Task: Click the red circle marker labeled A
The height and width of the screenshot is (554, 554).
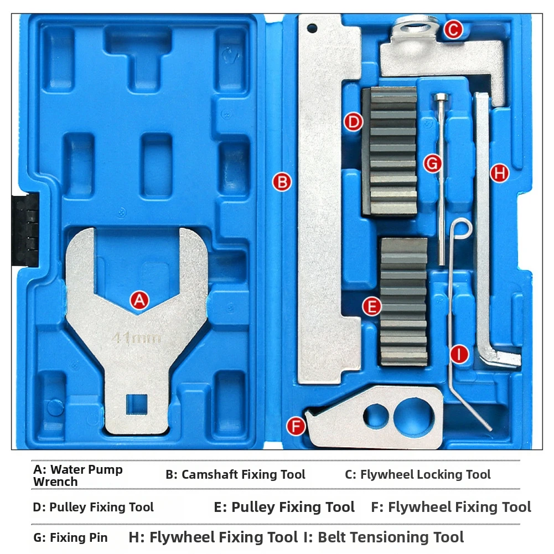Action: (x=139, y=301)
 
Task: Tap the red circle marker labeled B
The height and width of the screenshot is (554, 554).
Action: (x=282, y=182)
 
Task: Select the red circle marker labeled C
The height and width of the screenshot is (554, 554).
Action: (x=453, y=29)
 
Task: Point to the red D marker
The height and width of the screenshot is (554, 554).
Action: (x=353, y=122)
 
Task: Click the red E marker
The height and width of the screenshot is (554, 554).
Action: (x=372, y=306)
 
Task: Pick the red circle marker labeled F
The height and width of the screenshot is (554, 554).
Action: (x=296, y=426)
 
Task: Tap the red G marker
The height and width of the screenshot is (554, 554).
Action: (x=432, y=164)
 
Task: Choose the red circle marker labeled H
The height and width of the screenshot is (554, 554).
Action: (x=500, y=173)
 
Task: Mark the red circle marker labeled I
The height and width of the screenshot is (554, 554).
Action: (x=459, y=354)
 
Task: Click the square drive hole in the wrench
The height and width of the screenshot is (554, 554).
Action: (x=137, y=404)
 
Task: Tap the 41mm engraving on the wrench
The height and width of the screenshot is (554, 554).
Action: (x=136, y=338)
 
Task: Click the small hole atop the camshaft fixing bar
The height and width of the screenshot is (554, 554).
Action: (x=312, y=28)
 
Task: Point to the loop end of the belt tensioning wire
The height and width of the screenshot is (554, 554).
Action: (x=462, y=228)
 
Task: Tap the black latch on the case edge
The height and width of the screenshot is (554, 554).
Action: (x=25, y=229)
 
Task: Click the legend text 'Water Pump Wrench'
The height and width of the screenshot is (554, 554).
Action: (x=77, y=475)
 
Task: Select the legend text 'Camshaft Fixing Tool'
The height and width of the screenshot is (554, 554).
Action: (x=243, y=474)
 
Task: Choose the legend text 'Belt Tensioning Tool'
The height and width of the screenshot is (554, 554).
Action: (x=391, y=537)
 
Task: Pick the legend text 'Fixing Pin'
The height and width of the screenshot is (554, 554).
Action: (x=79, y=537)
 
